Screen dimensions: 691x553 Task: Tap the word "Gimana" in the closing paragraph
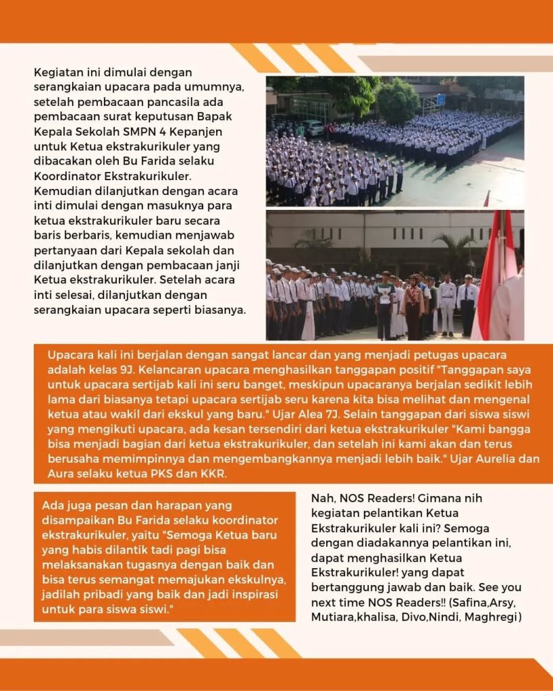point(423,499)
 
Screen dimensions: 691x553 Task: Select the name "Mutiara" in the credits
point(334,617)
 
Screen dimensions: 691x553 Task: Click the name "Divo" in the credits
point(419,617)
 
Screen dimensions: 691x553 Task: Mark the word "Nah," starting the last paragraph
point(321,499)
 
